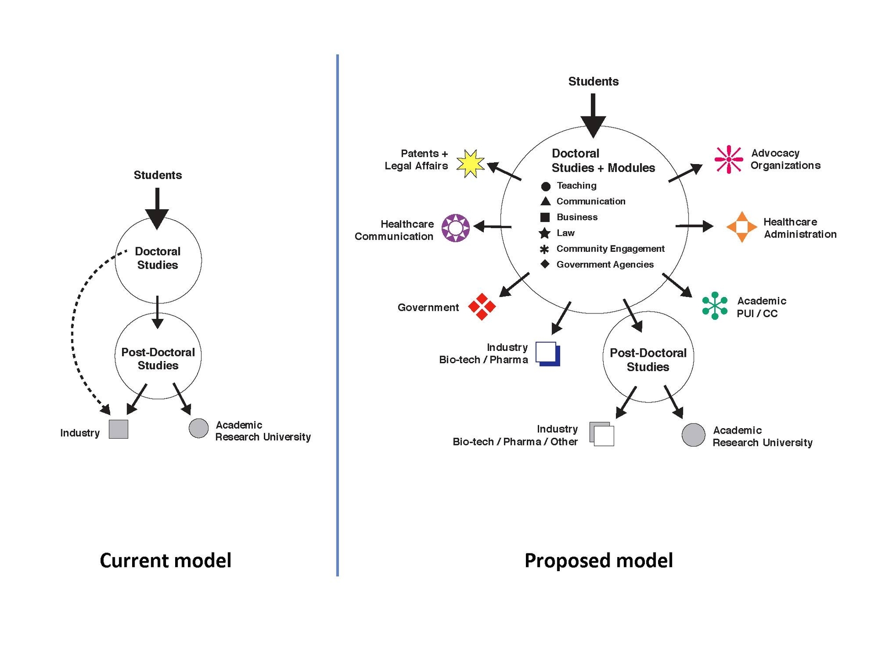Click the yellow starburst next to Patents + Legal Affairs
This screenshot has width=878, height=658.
pos(470,164)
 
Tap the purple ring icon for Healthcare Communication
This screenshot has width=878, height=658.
pos(455,228)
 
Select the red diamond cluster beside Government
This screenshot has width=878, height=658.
pos(482,307)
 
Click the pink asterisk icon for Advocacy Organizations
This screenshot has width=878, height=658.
pos(728,159)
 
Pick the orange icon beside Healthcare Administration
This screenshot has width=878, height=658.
pos(741,227)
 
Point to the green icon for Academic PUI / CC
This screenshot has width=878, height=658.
pos(714,306)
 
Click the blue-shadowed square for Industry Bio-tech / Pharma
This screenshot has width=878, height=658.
pos(547,354)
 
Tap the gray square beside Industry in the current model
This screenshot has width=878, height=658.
pos(118,429)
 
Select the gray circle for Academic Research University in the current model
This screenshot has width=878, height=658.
pos(198,428)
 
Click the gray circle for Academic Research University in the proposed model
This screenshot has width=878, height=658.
pos(693,435)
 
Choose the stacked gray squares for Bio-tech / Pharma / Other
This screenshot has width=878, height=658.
pos(601,434)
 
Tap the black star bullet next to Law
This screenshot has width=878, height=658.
pos(544,233)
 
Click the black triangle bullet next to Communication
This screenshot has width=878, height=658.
pos(545,201)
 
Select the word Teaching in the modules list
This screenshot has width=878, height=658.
pos(576,186)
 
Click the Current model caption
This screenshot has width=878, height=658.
pos(166,561)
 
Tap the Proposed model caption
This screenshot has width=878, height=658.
pos(598,561)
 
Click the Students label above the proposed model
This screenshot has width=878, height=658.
pos(593,81)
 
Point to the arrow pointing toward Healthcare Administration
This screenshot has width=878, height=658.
pos(694,226)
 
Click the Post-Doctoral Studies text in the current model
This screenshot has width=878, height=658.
pos(158,359)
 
